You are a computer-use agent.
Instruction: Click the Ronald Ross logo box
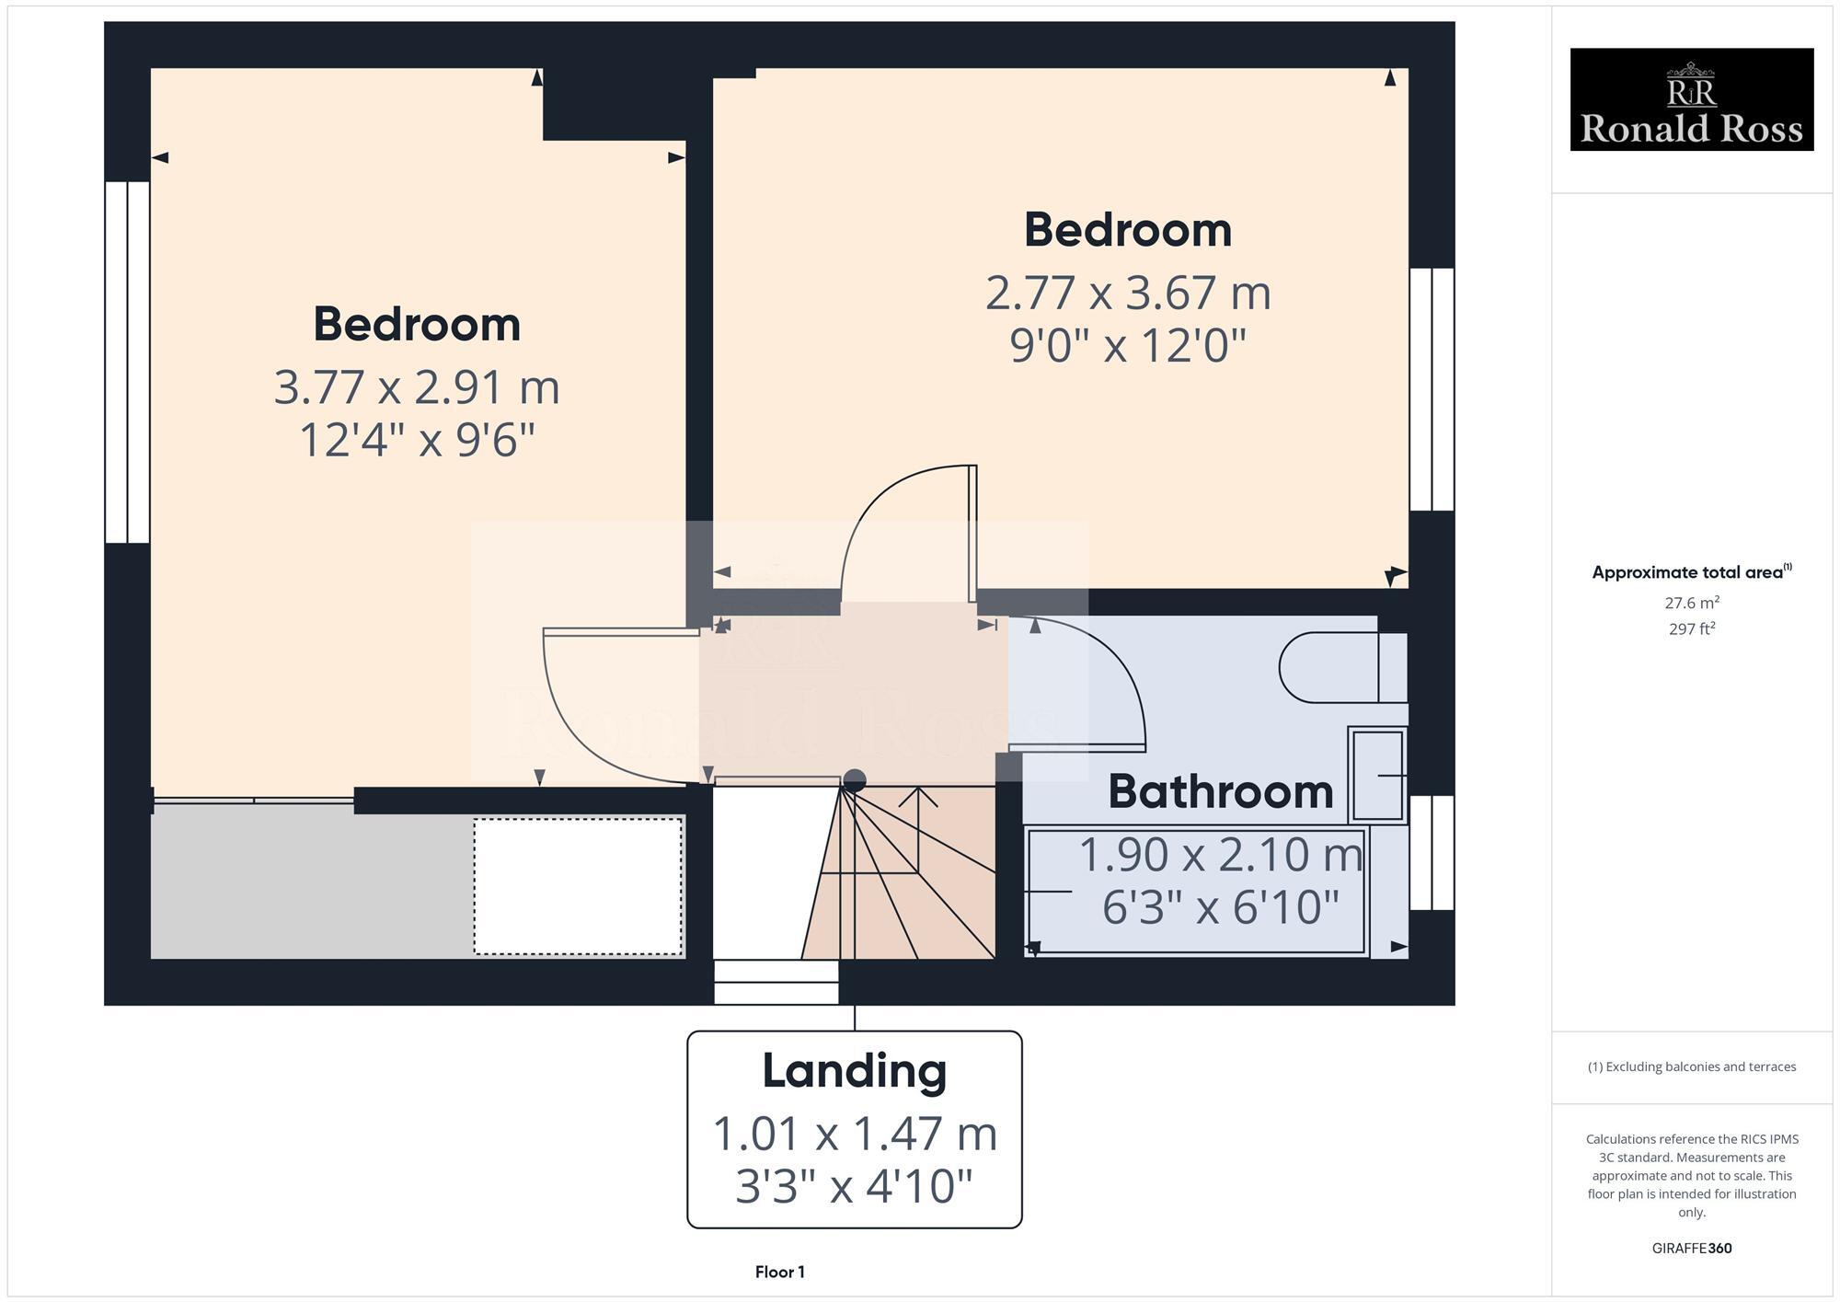pos(1691,99)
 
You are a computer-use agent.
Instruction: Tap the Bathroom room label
pos(1220,791)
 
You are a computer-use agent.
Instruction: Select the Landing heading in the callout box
pos(854,1070)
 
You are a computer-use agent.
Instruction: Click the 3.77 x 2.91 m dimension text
pos(417,387)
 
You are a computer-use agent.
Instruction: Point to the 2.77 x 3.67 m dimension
pos(1128,294)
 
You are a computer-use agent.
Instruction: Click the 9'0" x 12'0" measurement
pos(1128,346)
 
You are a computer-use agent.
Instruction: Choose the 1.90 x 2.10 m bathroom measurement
pos(1220,855)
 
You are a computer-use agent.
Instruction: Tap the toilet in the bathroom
pos(1341,667)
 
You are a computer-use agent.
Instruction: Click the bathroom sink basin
pos(1377,776)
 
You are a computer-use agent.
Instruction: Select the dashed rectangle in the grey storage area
pos(578,886)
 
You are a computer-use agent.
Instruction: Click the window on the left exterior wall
pos(127,362)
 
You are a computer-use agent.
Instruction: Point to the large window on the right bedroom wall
pos(1432,389)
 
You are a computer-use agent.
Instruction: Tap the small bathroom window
pos(1432,853)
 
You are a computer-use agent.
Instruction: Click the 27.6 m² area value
pos(1691,604)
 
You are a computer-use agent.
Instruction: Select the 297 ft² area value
pos(1691,629)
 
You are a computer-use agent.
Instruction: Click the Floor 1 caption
pos(779,1272)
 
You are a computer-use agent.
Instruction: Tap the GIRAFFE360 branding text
pos(1691,1249)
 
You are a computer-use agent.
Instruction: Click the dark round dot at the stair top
pos(855,780)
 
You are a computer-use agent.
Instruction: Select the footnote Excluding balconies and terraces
pos(1691,1067)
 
